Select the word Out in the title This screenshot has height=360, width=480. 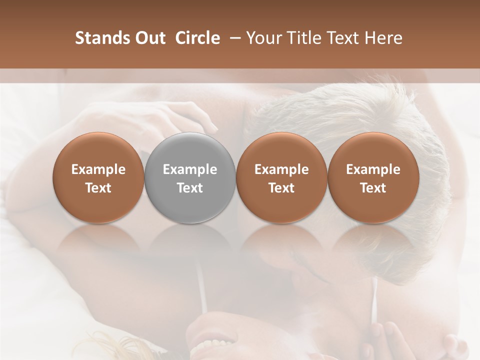(x=149, y=38)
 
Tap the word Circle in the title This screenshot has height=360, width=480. (x=197, y=38)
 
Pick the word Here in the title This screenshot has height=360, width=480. (x=383, y=38)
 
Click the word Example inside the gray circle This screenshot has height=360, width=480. (x=190, y=169)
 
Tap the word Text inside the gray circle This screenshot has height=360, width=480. (x=190, y=188)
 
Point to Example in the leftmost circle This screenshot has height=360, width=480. (x=98, y=169)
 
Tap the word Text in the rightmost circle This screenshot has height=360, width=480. (x=373, y=188)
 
